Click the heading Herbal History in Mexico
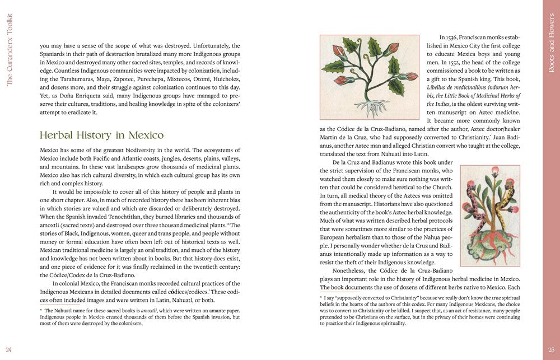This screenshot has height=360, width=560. pyautogui.click(x=102, y=135)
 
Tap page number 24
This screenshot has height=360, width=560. pyautogui.click(x=9, y=350)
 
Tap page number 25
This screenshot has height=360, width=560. pyautogui.click(x=551, y=350)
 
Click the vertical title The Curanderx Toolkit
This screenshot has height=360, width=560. pyautogui.click(x=9, y=50)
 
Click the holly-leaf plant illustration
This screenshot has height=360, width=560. pyautogui.click(x=369, y=77)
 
